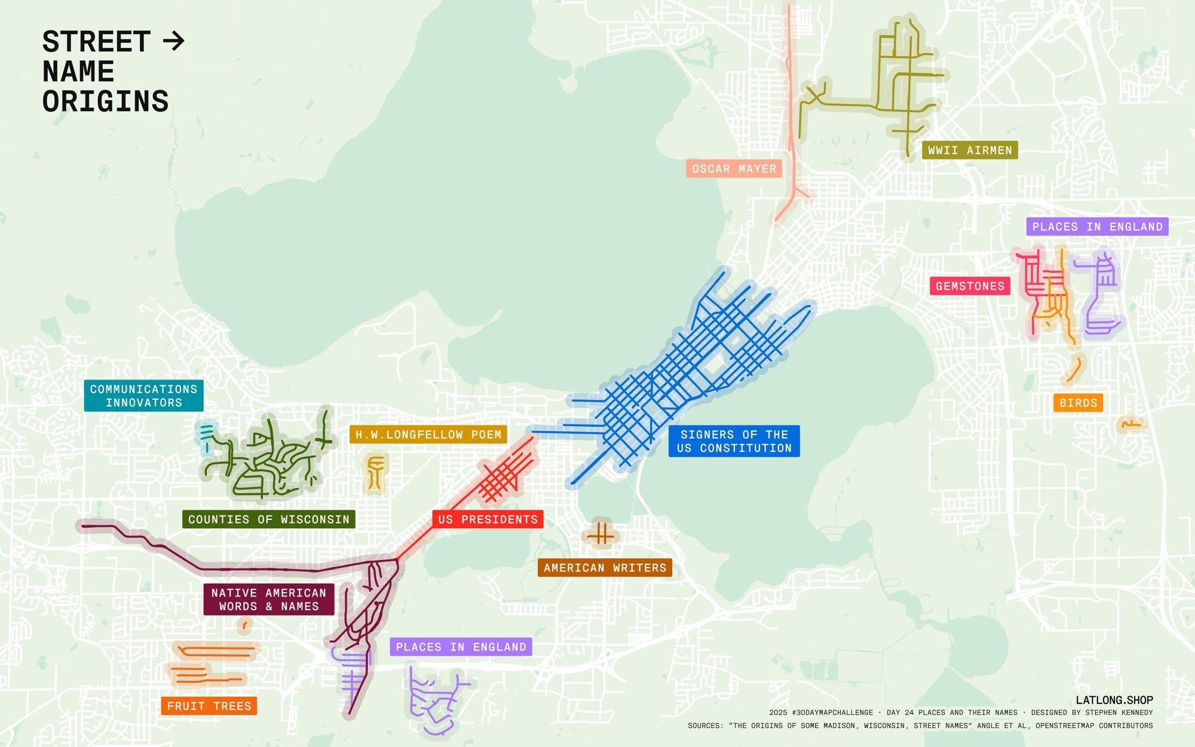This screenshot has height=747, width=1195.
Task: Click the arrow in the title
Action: point(174,41)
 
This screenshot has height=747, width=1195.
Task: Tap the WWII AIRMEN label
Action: point(970,151)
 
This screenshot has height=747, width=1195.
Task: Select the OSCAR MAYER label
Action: point(734,169)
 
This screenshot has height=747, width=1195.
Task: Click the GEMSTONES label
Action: point(970,286)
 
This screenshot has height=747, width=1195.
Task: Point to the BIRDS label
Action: point(1078,403)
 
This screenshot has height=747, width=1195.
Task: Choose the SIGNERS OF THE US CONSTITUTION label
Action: point(734,441)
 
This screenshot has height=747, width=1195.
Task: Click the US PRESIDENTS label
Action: point(488,519)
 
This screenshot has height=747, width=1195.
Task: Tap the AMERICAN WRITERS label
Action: point(605,568)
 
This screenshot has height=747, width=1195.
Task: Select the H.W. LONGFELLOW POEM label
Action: point(428,434)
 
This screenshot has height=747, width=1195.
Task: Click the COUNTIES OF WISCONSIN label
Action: point(268,519)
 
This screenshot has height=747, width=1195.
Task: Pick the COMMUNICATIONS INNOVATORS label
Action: point(143,396)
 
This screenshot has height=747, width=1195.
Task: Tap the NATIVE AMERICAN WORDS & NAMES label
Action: point(268,599)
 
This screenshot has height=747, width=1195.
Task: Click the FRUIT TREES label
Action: point(209,706)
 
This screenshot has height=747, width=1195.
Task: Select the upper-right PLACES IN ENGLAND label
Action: point(1097,226)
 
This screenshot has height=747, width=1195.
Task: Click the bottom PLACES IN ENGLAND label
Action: point(461,647)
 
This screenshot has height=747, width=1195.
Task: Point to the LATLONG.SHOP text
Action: point(1114,700)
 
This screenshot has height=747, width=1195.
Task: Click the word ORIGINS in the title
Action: point(106,102)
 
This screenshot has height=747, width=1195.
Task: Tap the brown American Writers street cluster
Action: point(601,534)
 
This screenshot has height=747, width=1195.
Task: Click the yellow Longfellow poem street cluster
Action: point(375,472)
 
